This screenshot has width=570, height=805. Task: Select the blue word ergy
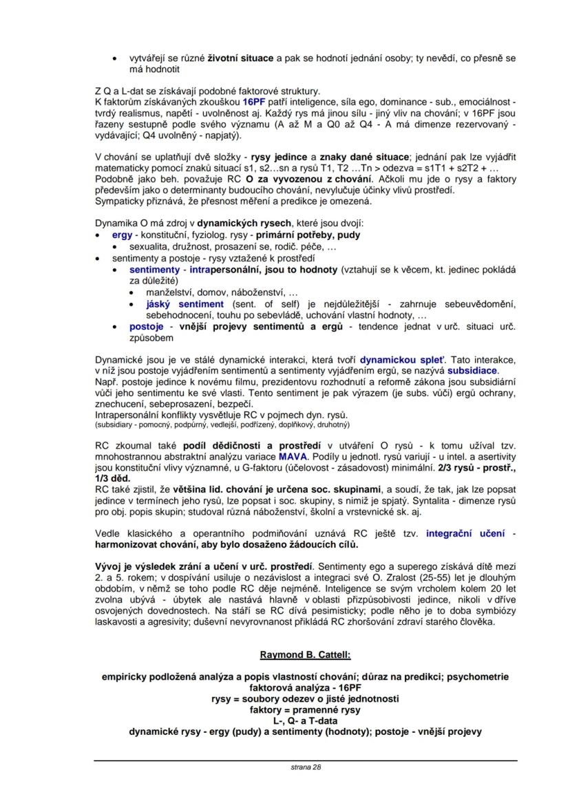[x=122, y=235]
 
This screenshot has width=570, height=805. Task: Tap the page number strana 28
[x=305, y=766]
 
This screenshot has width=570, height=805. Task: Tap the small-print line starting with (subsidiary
[x=213, y=425]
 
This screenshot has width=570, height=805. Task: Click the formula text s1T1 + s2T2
[x=448, y=169]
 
